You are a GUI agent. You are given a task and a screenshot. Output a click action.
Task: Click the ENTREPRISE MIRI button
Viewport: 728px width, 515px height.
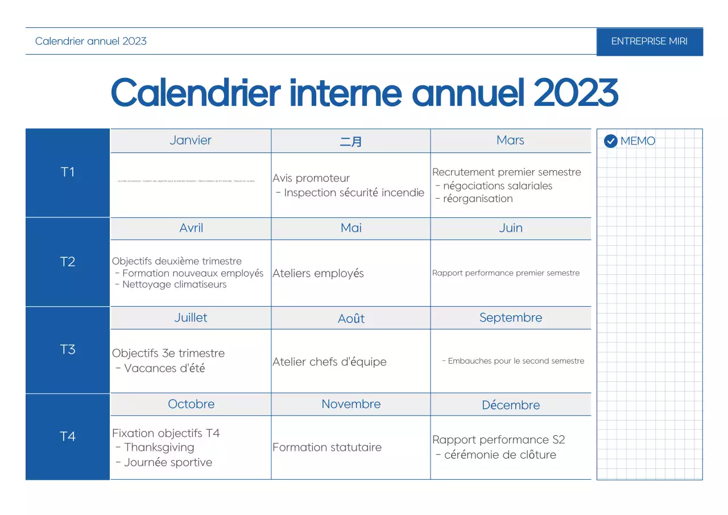pos(649,42)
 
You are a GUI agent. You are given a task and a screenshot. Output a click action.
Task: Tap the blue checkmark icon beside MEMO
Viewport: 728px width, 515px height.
pos(610,141)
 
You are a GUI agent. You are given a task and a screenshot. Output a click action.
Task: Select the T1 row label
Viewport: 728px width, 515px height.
pos(68,172)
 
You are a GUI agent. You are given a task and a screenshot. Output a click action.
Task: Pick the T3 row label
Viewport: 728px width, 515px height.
pos(68,349)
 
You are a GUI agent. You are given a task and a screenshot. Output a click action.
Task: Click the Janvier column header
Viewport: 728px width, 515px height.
pos(191,141)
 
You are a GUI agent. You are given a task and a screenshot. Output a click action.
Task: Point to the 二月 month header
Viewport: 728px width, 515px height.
pos(351,142)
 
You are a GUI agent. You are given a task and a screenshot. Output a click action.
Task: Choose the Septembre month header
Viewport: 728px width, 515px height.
pos(511,318)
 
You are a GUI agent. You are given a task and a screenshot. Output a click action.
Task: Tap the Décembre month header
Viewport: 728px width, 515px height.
pos(511,405)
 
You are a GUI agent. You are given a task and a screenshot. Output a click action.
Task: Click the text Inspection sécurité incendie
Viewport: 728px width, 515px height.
pos(354,193)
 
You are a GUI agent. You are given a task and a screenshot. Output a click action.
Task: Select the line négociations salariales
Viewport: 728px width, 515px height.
pos(497,186)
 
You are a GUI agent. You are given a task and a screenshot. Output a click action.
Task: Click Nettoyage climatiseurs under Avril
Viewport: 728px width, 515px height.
pos(174,285)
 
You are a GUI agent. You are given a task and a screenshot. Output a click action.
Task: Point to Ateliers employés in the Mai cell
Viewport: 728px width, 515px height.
pos(318,273)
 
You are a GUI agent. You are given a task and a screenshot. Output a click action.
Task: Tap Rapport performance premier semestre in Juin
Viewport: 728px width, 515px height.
pos(506,273)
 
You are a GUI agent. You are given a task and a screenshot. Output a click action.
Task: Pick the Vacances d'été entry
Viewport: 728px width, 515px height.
pos(164,368)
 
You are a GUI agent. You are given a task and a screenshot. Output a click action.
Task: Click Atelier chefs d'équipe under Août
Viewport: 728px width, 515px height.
pos(329,362)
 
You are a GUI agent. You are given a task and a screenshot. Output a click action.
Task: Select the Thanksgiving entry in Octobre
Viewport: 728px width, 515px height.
pos(159,447)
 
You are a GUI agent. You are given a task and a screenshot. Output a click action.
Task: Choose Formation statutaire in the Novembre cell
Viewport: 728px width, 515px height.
pos(327,447)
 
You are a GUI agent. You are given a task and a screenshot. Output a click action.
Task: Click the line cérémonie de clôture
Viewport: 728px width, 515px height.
pos(500,455)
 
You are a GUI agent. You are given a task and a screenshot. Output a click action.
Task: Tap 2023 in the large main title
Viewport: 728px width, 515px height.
pos(575,92)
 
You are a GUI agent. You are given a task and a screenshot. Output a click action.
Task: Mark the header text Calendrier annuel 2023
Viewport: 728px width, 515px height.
pos(91,41)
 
